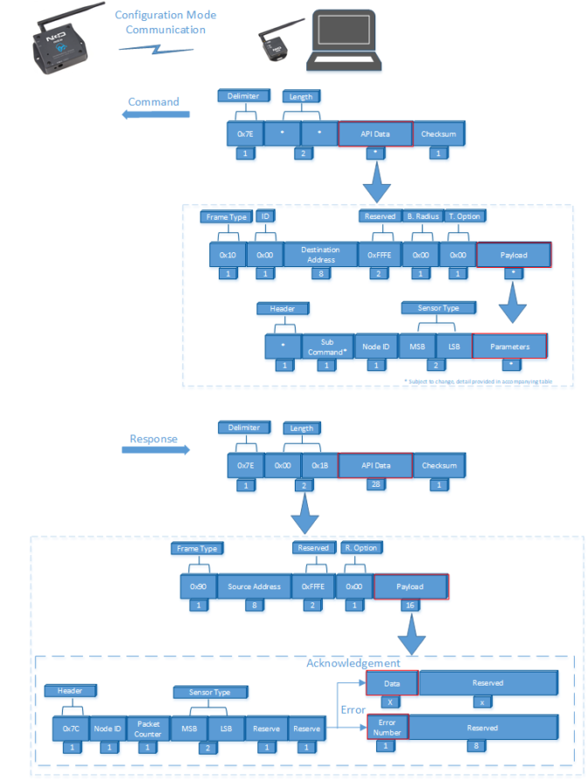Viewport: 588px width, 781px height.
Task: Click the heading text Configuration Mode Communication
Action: [x=165, y=23]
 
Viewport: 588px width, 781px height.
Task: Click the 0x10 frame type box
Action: [x=227, y=255]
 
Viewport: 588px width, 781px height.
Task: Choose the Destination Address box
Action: [x=319, y=255]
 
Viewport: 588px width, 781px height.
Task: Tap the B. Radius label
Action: [x=421, y=216]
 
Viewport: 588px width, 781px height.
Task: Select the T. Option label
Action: [x=464, y=216]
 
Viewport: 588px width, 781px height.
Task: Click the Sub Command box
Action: [x=325, y=347]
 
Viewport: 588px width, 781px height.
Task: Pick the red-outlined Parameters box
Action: [x=509, y=347]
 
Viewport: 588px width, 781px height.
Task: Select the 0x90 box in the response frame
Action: [x=197, y=587]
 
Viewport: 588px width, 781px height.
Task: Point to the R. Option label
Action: [x=360, y=548]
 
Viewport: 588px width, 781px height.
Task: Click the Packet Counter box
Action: [x=148, y=728]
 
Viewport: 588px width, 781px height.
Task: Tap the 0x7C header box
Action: [x=70, y=728]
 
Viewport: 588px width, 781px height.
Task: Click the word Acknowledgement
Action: [x=353, y=663]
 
